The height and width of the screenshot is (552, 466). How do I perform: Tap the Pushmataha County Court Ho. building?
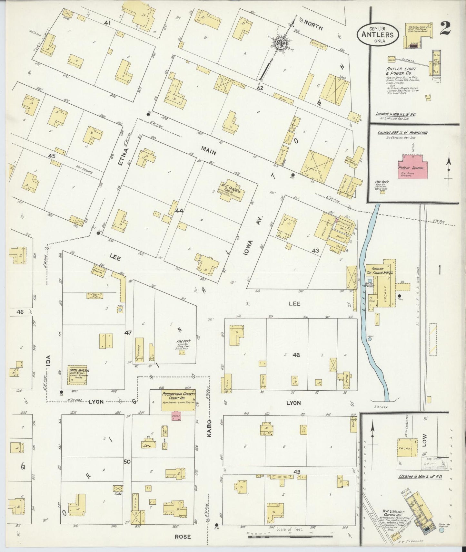coord(178,400)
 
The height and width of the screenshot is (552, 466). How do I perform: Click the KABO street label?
coord(209,428)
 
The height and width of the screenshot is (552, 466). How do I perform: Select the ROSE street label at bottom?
coord(183,537)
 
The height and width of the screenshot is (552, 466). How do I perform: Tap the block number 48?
coord(296,355)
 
